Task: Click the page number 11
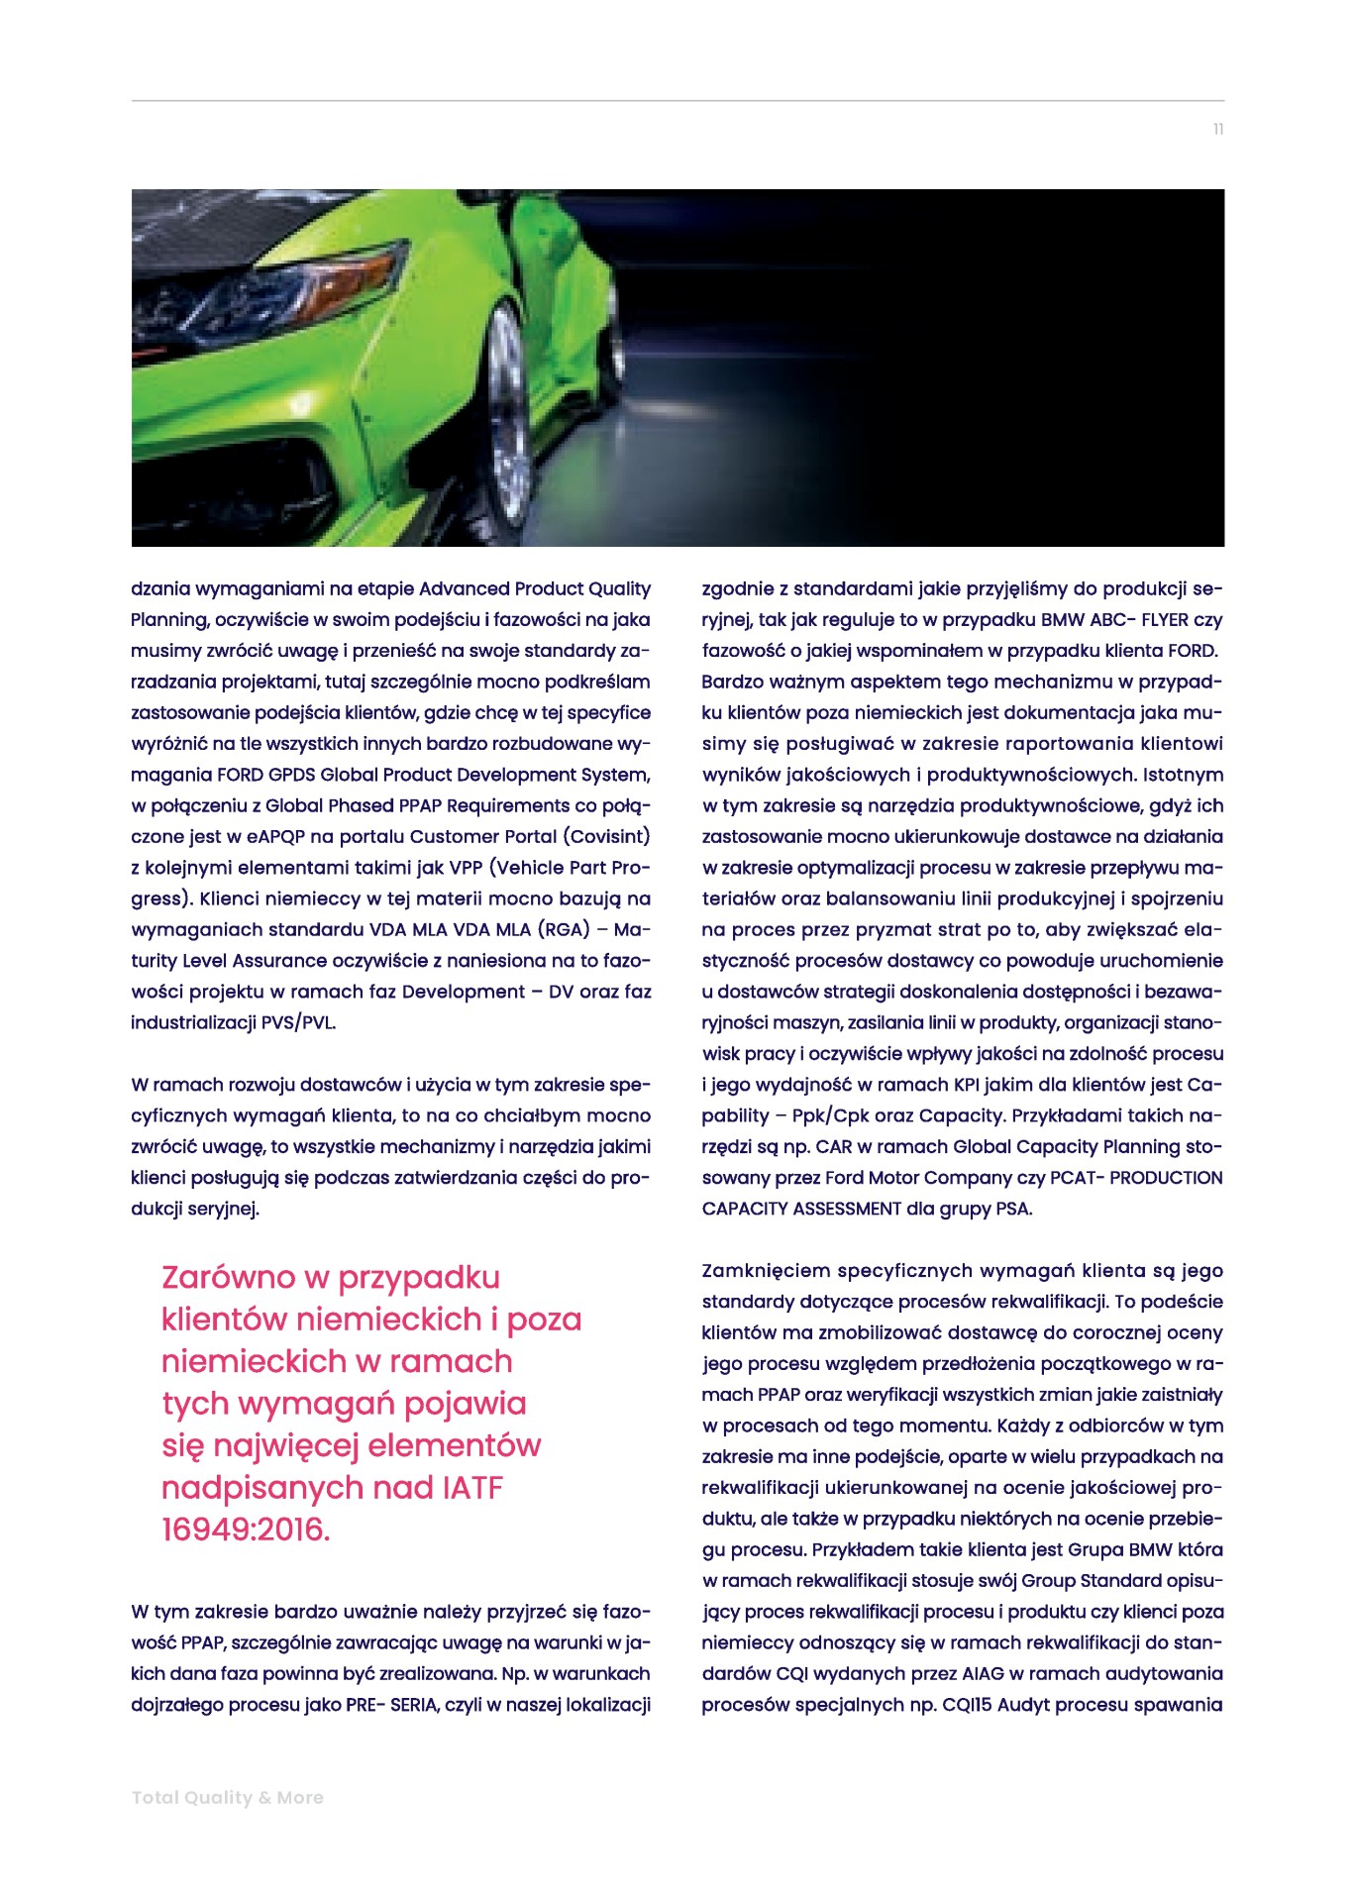point(1218,130)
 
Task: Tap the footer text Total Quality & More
point(228,1797)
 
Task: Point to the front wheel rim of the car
point(510,396)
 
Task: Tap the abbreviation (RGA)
point(563,929)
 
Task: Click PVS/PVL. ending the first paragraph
point(298,1022)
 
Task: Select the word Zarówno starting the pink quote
point(229,1277)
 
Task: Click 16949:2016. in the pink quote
point(246,1530)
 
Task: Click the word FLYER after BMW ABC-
point(1165,620)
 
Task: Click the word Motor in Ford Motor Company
point(935,1178)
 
